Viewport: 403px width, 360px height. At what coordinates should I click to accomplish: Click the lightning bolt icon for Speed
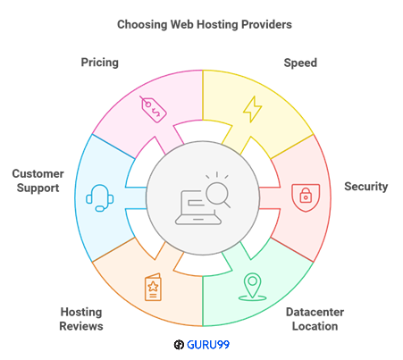click(253, 109)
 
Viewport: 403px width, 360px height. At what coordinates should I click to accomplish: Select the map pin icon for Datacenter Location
click(253, 286)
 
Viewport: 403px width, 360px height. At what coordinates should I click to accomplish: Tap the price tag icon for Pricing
click(152, 109)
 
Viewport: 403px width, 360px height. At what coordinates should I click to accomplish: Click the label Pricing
click(99, 63)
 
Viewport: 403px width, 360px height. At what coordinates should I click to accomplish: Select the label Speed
click(299, 63)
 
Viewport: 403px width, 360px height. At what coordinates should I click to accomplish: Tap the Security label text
click(366, 187)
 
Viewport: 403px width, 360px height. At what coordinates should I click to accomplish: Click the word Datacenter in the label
click(315, 312)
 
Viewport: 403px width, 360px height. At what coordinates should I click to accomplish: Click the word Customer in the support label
click(37, 172)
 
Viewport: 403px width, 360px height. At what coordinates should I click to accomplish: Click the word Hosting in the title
click(217, 23)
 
